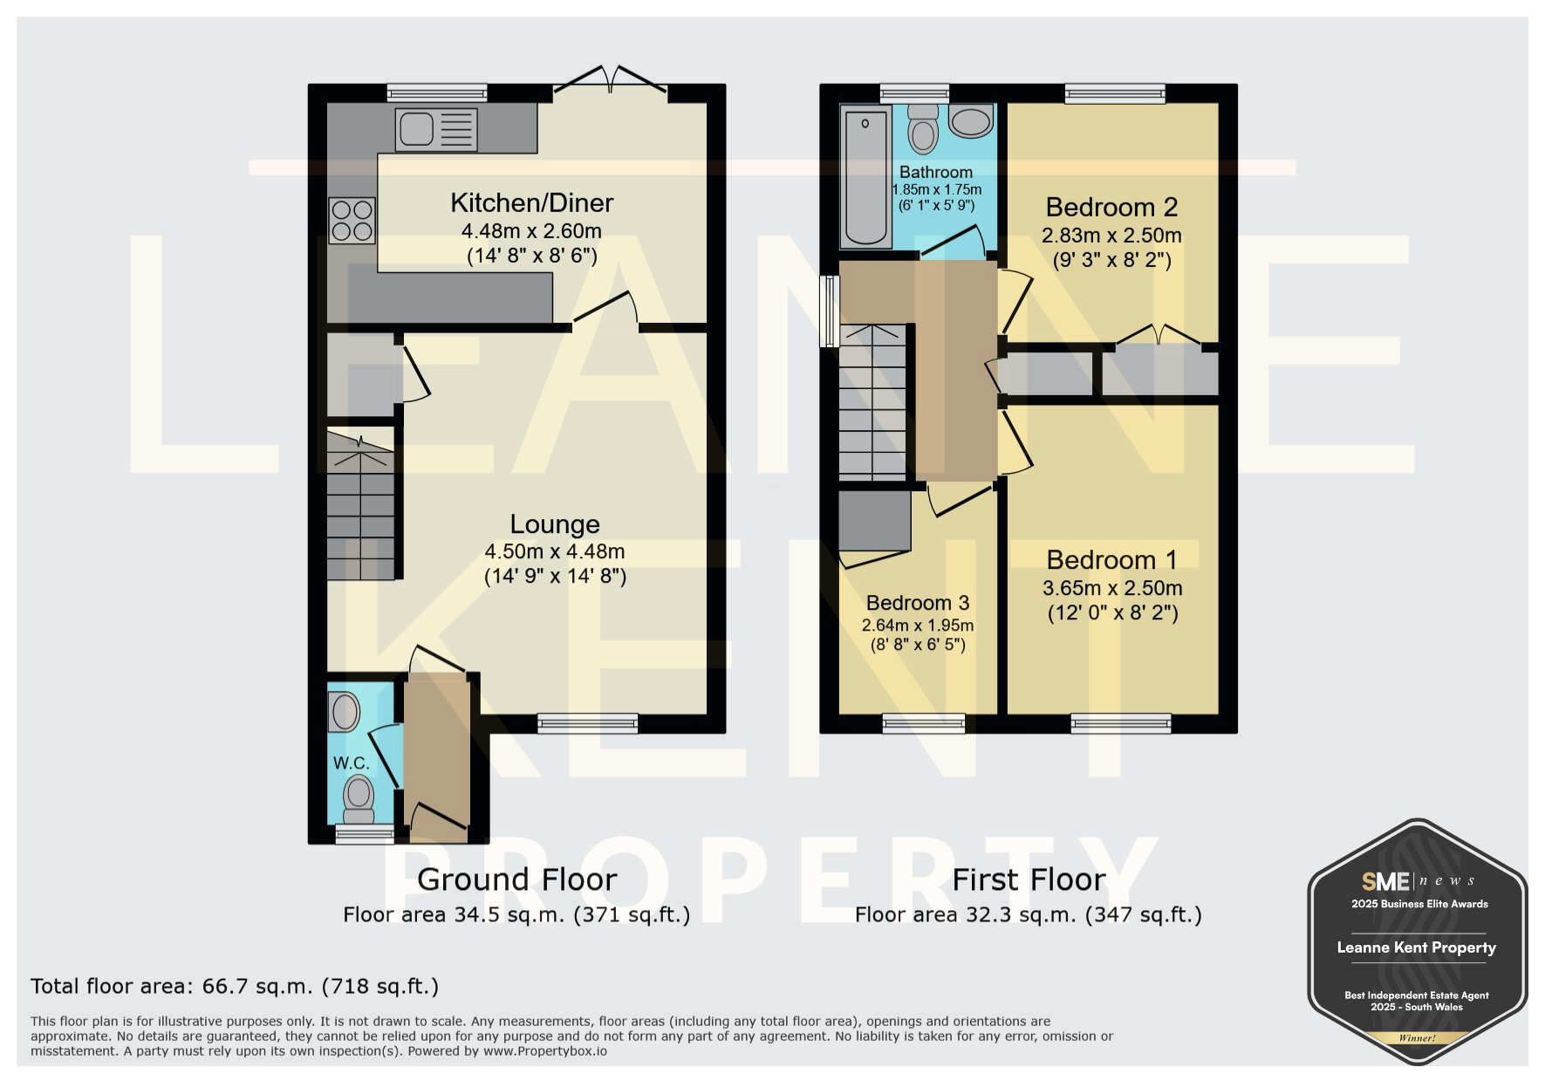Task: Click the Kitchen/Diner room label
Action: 532,203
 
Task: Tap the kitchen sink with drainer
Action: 436,129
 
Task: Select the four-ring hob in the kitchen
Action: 352,220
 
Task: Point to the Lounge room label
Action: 555,524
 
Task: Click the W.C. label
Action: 352,763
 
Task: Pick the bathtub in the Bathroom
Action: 865,177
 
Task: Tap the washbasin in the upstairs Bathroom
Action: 971,121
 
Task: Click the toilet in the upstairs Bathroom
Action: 923,129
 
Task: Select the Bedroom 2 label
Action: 1111,208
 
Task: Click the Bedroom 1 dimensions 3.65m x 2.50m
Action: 1112,588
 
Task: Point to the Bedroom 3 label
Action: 918,603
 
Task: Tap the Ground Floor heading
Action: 517,879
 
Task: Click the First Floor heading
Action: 1029,879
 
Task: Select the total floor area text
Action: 235,987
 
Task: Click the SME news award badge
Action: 1418,941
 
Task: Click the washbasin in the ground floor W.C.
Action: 344,712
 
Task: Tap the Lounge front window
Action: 587,722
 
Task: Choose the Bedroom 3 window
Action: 924,722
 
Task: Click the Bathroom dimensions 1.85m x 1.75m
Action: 937,189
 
